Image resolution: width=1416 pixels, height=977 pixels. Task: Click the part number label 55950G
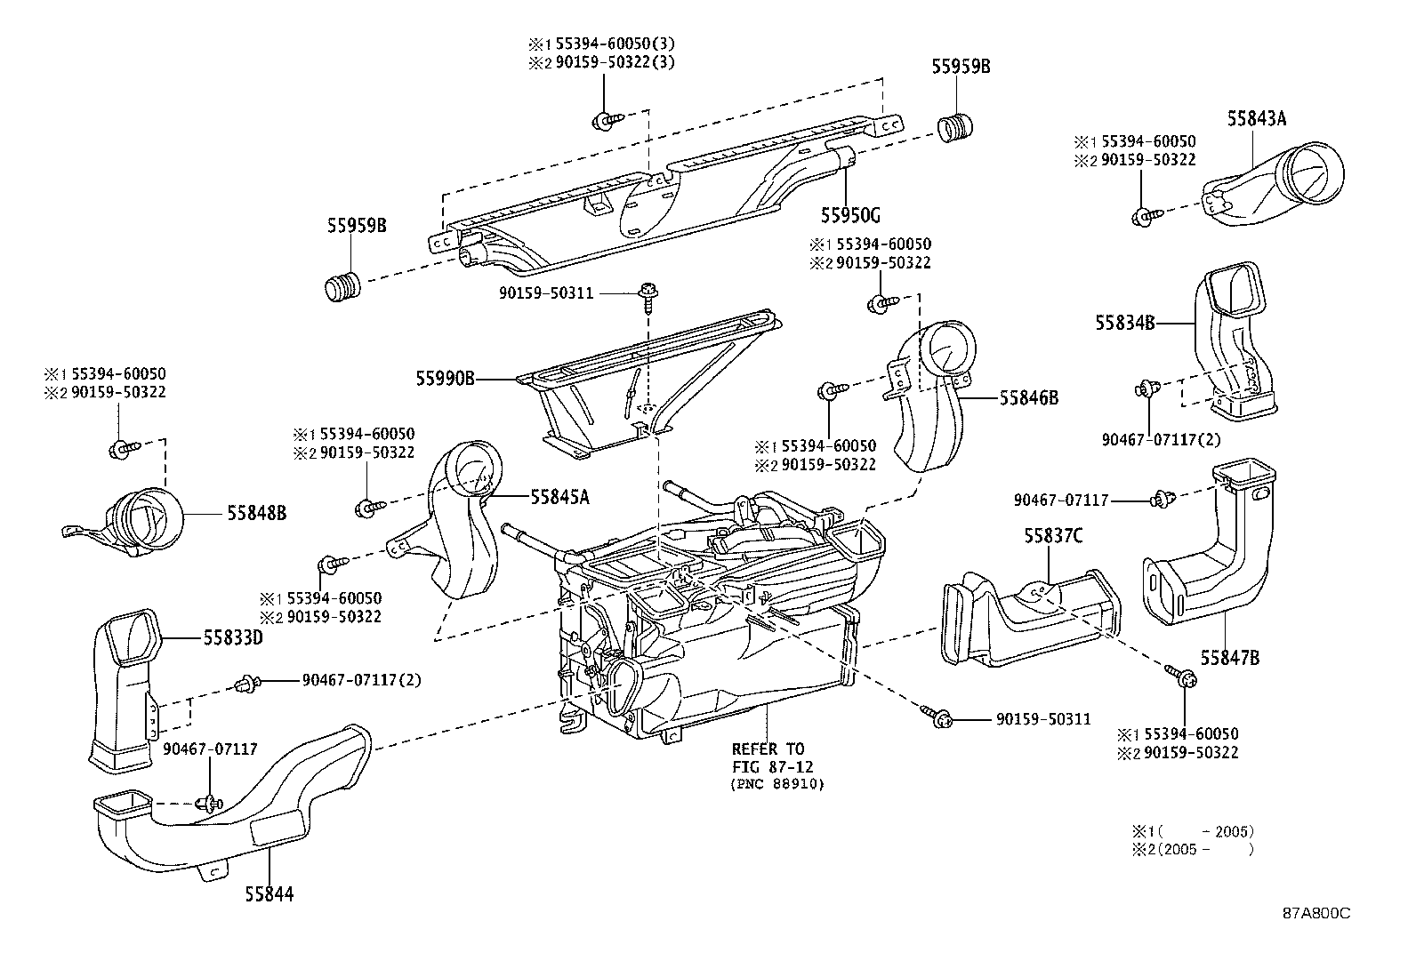click(849, 215)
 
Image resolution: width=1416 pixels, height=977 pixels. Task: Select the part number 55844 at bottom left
click(269, 893)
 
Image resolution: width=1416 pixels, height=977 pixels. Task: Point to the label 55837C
click(1052, 536)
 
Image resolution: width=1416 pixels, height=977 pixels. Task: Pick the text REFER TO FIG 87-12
click(768, 757)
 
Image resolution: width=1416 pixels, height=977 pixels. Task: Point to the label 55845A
click(559, 497)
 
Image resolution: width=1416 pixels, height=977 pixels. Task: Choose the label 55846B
click(1028, 398)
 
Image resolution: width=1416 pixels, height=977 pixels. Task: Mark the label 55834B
click(1124, 323)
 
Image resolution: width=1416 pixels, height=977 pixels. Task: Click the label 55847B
click(1229, 658)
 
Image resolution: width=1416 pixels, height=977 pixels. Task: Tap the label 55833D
click(234, 637)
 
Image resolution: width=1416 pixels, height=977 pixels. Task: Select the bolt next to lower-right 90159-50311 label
click(937, 717)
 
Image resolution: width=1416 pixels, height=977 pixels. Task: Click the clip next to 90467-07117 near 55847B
click(1159, 501)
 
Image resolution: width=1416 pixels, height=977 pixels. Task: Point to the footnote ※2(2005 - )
click(1192, 849)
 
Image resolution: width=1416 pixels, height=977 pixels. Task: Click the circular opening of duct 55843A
click(1311, 169)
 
